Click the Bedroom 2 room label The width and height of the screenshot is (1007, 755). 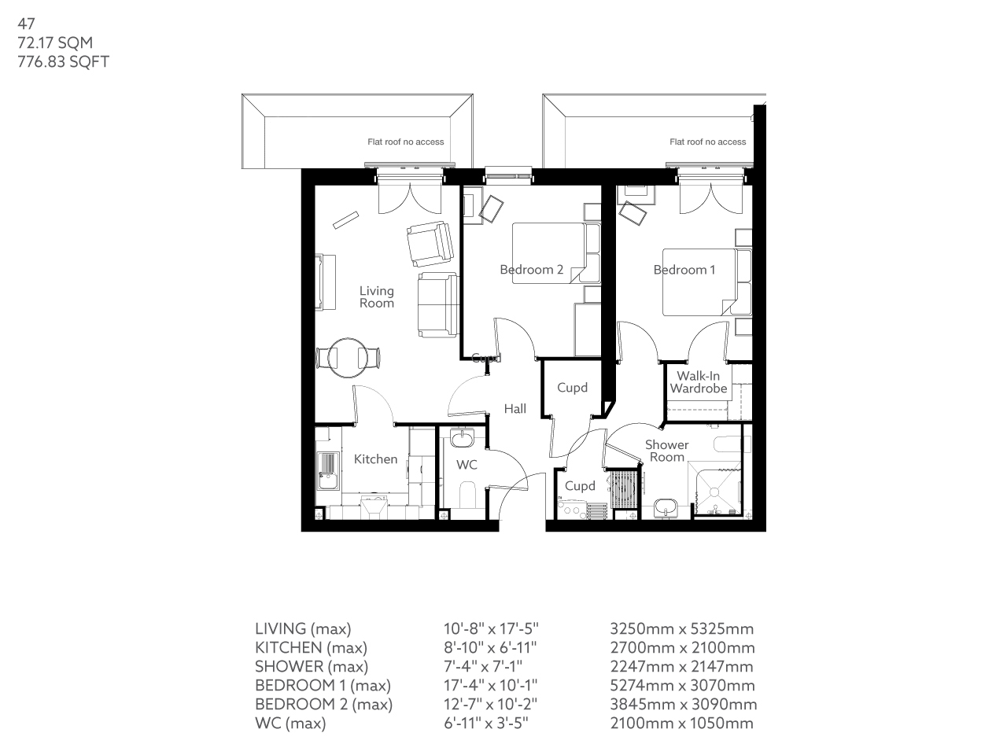531,270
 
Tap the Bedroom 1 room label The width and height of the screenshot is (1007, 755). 684,270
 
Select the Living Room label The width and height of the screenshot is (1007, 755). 376,296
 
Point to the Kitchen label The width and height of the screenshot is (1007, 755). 375,459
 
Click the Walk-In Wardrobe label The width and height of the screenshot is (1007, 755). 698,382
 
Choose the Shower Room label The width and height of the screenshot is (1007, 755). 666,451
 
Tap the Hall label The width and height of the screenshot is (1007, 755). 515,408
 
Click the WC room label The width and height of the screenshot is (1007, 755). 467,465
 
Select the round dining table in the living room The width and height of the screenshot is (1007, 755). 347,358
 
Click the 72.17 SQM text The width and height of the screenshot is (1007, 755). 55,42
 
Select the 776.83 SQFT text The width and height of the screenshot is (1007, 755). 63,61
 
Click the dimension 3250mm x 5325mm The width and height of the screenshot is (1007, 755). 681,628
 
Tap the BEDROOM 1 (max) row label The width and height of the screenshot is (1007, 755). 323,685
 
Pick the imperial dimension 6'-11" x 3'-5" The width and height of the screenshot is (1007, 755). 485,723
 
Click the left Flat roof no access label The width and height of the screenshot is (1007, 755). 405,142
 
